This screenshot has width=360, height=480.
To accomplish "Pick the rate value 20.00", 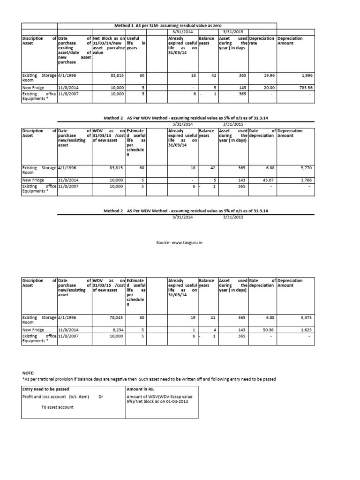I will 269,88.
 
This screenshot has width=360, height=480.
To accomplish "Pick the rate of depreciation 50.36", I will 269,330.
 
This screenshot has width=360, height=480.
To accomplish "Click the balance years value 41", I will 212,317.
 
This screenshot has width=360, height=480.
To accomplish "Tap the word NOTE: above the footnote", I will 28,373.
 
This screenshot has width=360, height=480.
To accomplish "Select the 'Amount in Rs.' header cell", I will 141,389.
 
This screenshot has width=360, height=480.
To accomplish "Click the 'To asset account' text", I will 57,407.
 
